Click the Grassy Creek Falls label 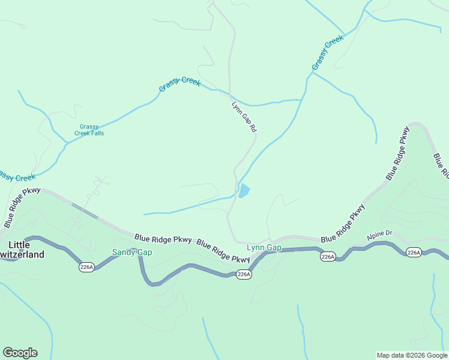(89, 130)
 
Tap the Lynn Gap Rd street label (244, 116)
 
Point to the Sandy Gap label (132, 253)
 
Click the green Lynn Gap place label (264, 247)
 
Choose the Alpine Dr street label (379, 232)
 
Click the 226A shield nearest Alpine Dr (413, 253)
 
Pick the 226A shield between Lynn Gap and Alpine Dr (327, 257)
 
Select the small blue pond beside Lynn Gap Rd (244, 192)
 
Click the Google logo (20, 353)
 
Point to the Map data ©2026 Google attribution (412, 355)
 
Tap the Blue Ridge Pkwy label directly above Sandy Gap (163, 239)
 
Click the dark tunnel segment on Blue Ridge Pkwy (85, 211)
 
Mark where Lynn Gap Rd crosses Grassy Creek (229, 94)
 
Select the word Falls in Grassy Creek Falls (96, 133)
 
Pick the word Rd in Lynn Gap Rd (253, 128)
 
